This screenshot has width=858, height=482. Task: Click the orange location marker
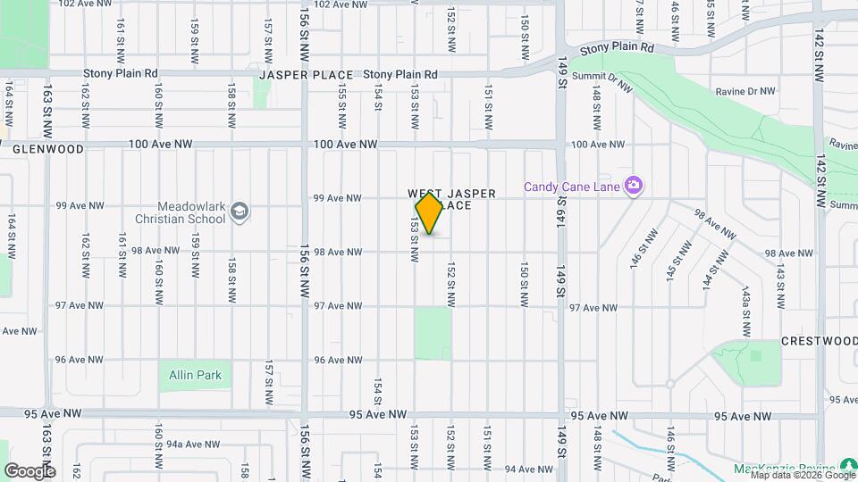430,213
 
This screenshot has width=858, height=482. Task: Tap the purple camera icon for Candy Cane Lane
635,186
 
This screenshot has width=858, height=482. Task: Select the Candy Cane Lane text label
573,187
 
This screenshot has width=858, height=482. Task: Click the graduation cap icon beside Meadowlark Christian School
240,212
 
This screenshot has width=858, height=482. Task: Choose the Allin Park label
195,375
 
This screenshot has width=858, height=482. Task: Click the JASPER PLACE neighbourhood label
307,75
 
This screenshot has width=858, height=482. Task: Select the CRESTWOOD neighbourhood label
819,341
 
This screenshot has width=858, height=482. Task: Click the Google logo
29,470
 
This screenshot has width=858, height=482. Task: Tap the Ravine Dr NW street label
745,91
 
